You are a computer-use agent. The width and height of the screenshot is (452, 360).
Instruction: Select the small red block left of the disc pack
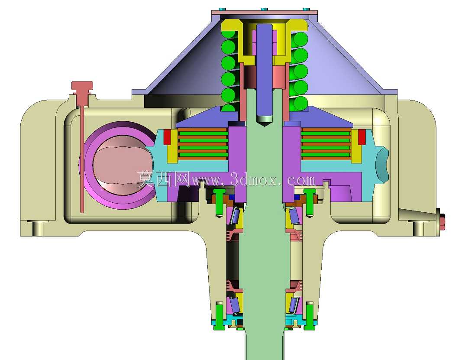click(167, 137)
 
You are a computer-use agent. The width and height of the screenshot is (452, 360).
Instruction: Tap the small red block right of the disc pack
click(362, 137)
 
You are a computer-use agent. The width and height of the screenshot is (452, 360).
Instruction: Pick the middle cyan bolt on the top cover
click(264, 9)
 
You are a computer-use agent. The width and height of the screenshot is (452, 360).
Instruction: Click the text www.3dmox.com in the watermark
click(253, 180)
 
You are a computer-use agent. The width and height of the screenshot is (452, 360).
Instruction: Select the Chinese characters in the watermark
click(163, 179)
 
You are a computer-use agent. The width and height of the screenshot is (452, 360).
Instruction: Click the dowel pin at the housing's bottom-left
click(38, 228)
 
